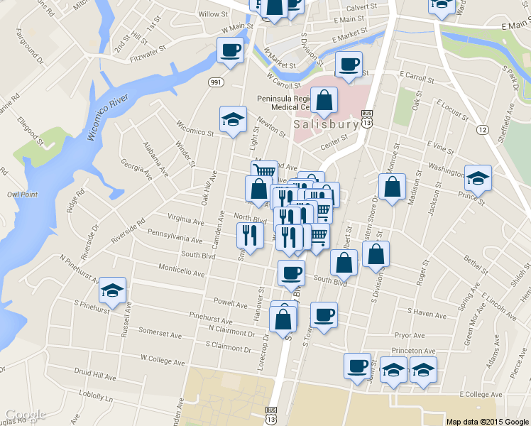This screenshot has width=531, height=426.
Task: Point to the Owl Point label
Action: coord(21,193)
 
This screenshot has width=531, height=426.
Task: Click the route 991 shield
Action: coord(216,83)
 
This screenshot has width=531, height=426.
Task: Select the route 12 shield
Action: coord(483,129)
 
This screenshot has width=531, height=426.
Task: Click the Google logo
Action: coord(26,415)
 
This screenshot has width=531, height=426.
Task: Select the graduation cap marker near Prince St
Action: coord(478,177)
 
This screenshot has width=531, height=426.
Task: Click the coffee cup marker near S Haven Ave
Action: coord(324,315)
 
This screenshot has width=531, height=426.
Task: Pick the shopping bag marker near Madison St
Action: coord(392,187)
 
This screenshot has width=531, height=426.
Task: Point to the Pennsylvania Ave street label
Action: coord(170,235)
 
